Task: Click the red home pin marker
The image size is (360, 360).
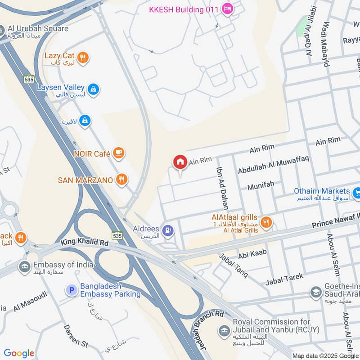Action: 180,162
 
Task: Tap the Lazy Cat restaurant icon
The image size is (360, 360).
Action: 82,57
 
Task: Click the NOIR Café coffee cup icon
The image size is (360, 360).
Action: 118,153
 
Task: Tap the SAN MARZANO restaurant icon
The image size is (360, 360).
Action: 121,180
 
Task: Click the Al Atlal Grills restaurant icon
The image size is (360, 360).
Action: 266,222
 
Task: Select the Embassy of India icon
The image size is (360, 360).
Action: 24,267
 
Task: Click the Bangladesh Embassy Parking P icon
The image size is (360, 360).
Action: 71,291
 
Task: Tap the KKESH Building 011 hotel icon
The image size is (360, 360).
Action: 228,9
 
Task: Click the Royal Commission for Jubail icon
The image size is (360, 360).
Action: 224,331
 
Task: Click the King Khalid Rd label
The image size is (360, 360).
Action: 85,243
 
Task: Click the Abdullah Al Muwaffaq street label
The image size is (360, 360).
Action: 273,166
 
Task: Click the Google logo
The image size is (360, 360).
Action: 19,353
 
